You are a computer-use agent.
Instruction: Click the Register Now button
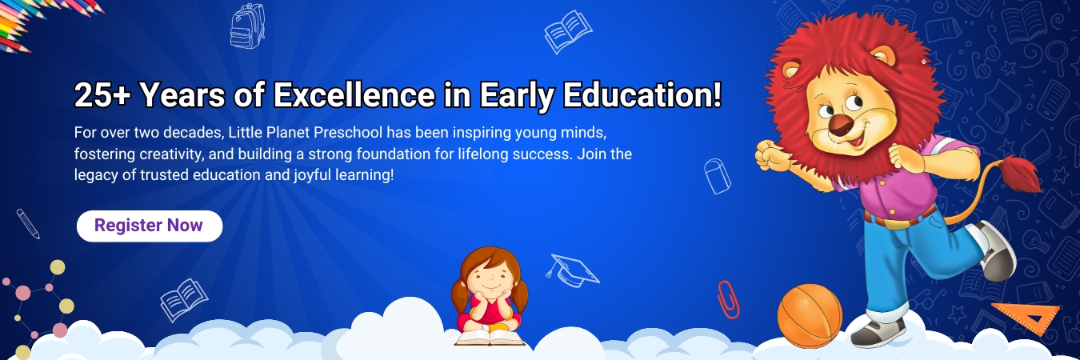point(150,226)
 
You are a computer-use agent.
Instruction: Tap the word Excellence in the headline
point(354,94)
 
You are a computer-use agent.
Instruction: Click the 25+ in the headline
point(102,94)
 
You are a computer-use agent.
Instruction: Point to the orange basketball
point(810,315)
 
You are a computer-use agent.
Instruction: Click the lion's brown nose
point(841,126)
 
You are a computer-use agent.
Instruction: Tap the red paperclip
point(728,300)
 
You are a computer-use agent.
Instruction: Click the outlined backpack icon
point(247,26)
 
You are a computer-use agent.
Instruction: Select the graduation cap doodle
point(572,270)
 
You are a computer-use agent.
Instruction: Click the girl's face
point(490,281)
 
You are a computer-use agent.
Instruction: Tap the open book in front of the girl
point(490,338)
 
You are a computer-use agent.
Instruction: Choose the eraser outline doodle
point(718,176)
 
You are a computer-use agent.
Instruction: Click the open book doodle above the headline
point(568,32)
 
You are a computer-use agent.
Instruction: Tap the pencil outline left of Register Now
point(28,224)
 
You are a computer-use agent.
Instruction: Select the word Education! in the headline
point(642,94)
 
